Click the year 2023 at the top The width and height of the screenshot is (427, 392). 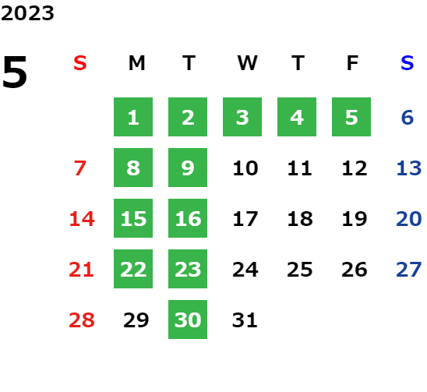(27, 13)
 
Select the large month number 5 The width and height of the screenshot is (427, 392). (15, 72)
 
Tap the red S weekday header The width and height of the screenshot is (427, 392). (80, 63)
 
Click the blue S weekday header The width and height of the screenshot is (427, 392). (408, 63)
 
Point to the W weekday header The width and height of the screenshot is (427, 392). (247, 63)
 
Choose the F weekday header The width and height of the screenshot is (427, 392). (352, 63)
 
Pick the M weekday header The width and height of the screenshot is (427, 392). (136, 63)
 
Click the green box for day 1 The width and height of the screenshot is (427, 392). (133, 117)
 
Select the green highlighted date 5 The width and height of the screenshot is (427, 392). (351, 117)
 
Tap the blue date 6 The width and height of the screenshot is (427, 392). (408, 118)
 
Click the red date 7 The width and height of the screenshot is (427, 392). (80, 168)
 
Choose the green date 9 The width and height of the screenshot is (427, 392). (188, 168)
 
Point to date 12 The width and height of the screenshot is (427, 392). (355, 168)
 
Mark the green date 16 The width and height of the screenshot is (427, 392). (188, 218)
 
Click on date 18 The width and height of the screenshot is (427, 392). (300, 219)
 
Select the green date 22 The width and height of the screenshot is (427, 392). (133, 269)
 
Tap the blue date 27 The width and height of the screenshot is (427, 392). (409, 270)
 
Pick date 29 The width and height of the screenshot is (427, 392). (136, 320)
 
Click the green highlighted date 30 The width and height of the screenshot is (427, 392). (188, 320)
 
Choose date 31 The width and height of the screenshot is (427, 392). (245, 320)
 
